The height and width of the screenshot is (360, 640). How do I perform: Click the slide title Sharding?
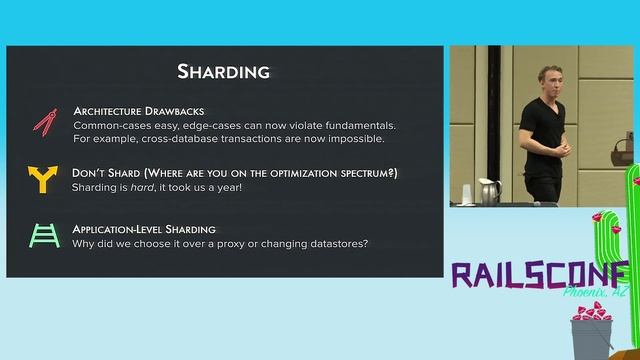[223, 71]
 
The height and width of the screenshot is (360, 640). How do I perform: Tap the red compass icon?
[43, 123]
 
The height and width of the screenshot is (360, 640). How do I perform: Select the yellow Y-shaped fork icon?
[43, 180]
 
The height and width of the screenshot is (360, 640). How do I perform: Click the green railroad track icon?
[43, 235]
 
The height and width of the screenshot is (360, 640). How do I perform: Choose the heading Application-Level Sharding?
[144, 229]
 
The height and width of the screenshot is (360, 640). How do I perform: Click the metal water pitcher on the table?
[488, 191]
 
